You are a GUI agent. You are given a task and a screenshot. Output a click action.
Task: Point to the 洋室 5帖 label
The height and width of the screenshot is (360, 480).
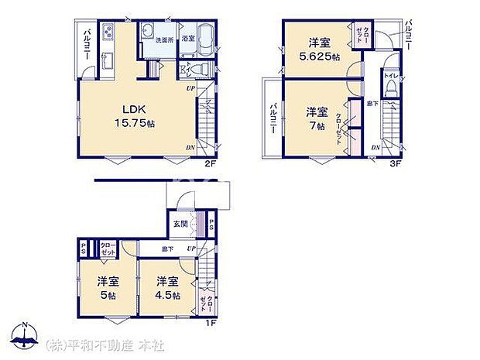(x=106, y=287)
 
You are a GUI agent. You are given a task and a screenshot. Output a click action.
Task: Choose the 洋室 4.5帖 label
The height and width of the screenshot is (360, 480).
(x=166, y=287)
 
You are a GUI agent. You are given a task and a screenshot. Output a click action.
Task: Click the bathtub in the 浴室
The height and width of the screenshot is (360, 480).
(x=205, y=40)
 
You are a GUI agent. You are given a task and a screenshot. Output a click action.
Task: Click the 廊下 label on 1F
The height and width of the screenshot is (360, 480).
(x=166, y=249)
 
